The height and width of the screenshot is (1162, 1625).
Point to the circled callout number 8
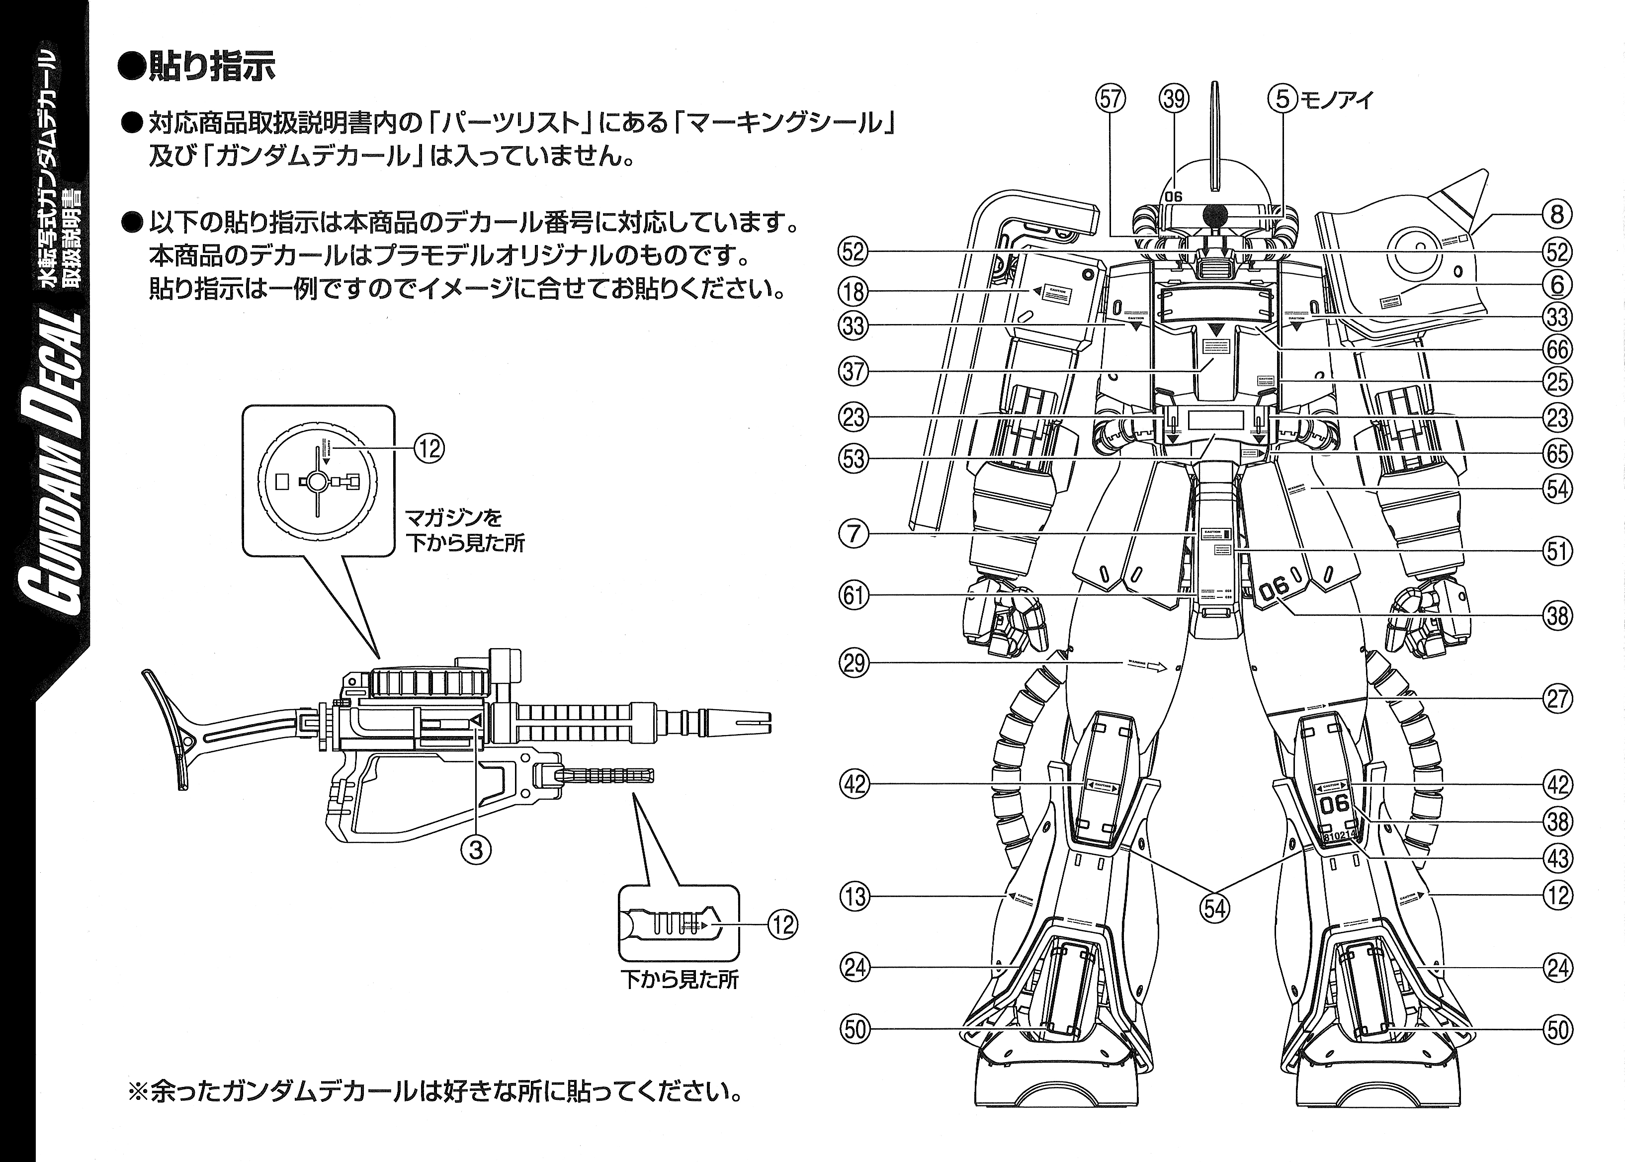coord(1557,214)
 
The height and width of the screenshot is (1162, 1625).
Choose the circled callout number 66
coord(1557,349)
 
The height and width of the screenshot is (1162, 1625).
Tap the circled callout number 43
coord(1557,858)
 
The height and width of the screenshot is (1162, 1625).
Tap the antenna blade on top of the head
coord(1214,136)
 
